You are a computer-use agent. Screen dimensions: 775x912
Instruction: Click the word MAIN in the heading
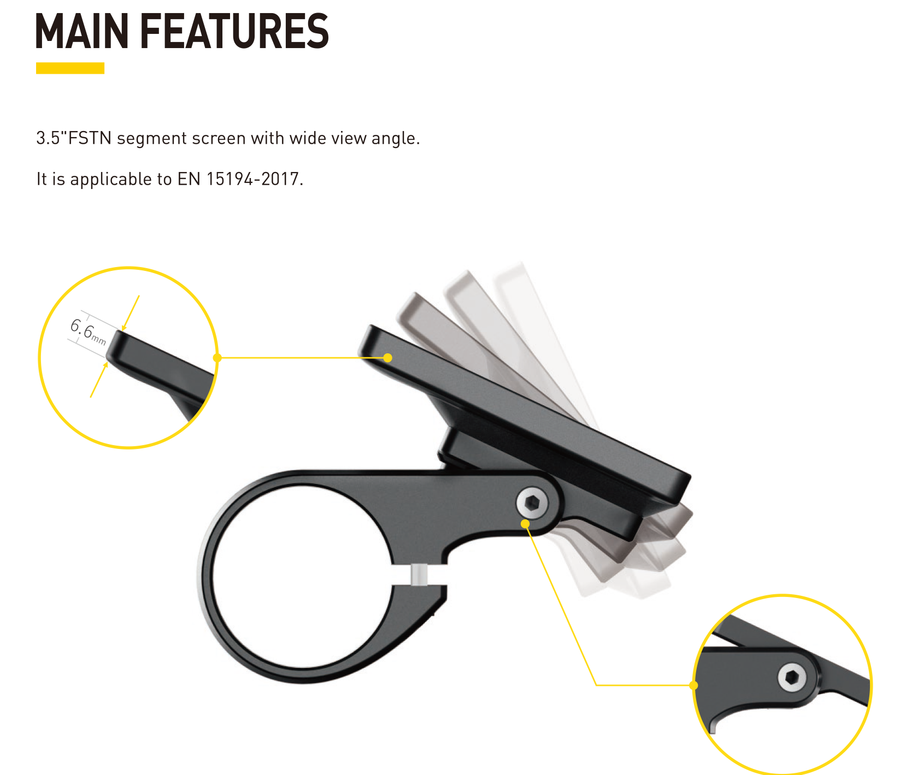82,31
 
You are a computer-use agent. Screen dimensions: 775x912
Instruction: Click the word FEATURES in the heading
234,31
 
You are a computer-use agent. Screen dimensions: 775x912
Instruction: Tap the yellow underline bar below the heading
70,68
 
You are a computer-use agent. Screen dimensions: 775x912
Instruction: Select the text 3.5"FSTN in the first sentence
74,138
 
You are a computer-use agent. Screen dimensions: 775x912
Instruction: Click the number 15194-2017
254,179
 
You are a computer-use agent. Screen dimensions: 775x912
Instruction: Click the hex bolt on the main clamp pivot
532,502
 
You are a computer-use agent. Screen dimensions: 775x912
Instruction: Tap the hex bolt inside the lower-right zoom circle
792,678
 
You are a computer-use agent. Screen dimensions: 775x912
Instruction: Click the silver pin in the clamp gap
419,575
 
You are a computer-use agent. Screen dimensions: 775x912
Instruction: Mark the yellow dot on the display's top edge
387,358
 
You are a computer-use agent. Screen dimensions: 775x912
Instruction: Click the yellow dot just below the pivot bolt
525,524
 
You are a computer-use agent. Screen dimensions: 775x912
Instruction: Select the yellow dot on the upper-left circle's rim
217,358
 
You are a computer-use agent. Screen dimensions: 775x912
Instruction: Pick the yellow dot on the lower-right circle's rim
694,685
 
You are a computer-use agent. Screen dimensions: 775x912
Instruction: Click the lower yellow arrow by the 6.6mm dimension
98,380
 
